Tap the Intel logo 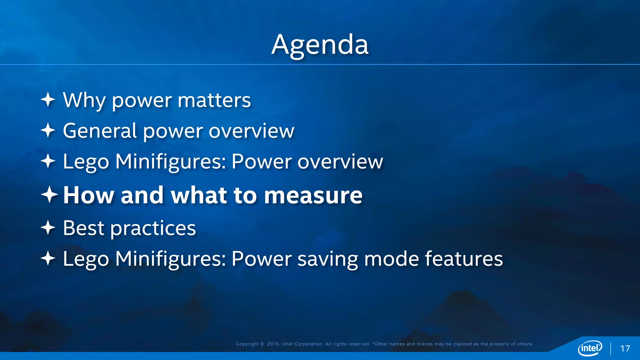coord(590,348)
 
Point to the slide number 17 coord(625,348)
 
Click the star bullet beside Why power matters coord(48,100)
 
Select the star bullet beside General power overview coord(48,130)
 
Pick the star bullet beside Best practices coord(48,227)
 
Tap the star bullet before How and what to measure coord(49,195)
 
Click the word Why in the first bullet coord(84,100)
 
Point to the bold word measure coord(313,195)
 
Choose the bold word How coord(88,195)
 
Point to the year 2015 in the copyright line coord(273,344)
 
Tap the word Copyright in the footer coord(247,344)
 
